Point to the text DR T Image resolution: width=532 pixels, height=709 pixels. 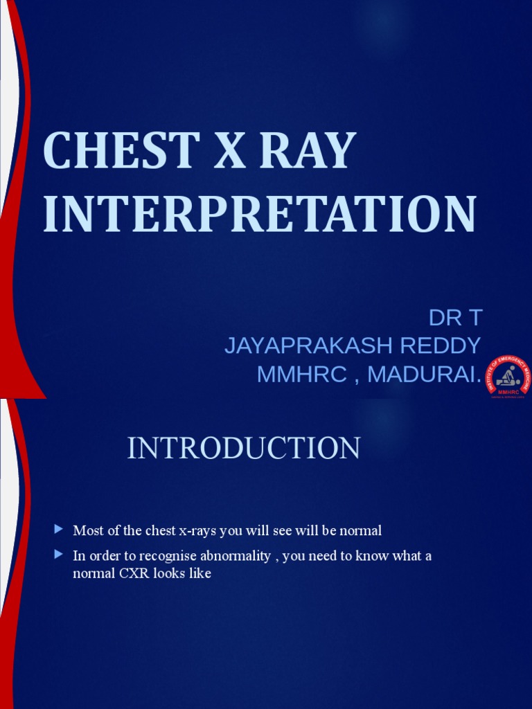click(454, 318)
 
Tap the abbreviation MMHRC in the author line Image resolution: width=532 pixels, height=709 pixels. click(300, 374)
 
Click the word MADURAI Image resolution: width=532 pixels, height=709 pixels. click(424, 374)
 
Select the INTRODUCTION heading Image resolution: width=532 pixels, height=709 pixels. click(244, 449)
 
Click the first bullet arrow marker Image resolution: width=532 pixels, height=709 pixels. click(58, 530)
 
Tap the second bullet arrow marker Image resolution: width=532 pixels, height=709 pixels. click(58, 555)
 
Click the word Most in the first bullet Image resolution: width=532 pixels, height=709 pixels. click(87, 531)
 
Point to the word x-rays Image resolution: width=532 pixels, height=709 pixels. click(199, 531)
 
